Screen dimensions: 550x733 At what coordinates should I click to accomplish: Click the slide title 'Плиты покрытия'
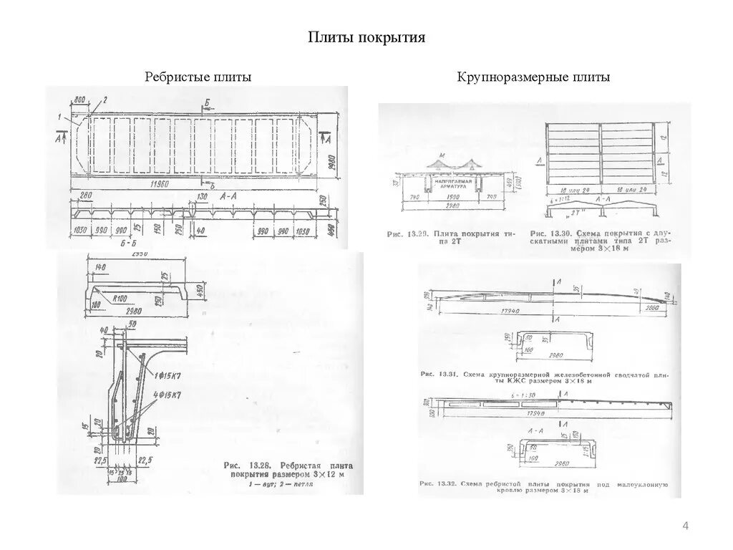[366, 37]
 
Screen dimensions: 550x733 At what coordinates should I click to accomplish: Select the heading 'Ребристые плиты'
[198, 77]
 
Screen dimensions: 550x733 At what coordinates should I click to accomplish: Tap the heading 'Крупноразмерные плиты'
[534, 77]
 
